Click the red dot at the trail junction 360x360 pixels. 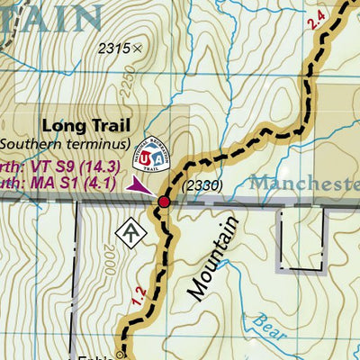tap(164, 202)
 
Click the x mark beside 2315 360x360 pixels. tap(137, 49)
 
